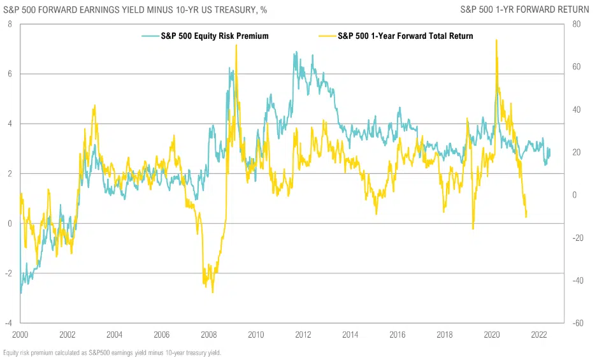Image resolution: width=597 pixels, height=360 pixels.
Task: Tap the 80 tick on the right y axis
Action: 577,24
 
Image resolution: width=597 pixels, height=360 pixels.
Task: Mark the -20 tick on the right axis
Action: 578,238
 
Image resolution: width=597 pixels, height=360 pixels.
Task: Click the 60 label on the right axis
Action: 577,67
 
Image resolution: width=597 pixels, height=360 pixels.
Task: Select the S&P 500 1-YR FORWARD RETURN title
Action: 526,10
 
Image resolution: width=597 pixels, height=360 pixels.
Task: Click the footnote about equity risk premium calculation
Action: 112,352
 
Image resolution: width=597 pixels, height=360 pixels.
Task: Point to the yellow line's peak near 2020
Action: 496,40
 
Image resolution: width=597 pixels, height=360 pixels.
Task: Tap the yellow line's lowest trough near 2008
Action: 213,292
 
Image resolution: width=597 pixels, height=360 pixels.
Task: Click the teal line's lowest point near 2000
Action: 21,293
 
